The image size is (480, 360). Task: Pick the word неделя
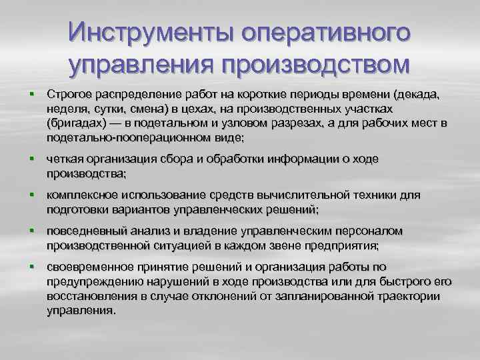67,109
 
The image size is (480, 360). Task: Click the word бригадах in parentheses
77,124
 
